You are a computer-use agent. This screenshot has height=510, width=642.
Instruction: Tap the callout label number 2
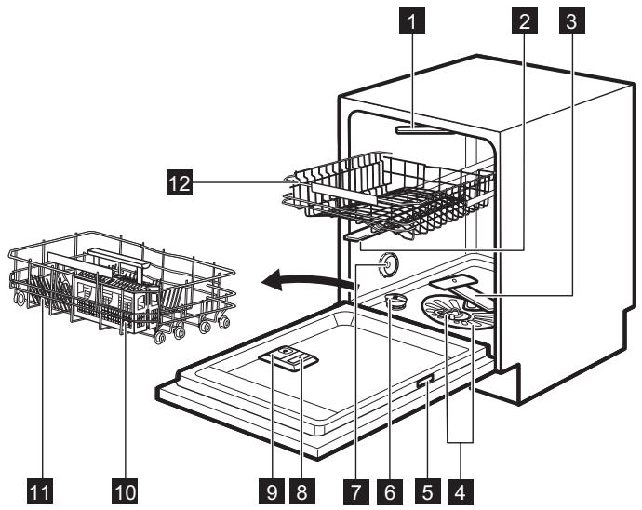526,20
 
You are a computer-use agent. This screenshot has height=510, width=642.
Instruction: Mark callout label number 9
269,488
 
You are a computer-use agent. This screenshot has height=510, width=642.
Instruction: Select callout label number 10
125,488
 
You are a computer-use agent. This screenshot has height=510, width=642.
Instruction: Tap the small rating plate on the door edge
425,378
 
